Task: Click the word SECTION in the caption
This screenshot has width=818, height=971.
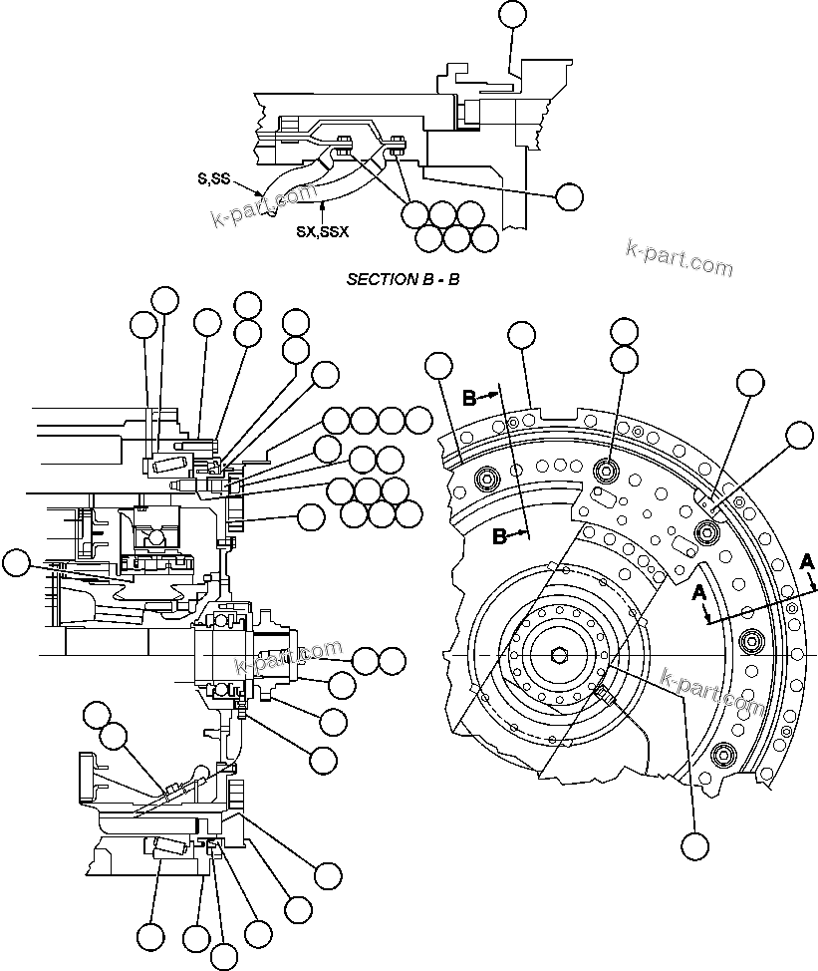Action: [x=375, y=279]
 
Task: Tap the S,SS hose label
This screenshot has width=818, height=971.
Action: [x=212, y=179]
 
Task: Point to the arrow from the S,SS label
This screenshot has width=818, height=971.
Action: [x=250, y=187]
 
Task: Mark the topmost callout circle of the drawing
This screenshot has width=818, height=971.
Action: [x=512, y=12]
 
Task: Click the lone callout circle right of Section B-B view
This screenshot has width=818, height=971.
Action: [x=569, y=196]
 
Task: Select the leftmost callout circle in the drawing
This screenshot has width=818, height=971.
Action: [x=15, y=563]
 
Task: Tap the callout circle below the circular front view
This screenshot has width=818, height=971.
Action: [x=694, y=845]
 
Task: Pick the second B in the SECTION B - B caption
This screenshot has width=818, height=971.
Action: [x=454, y=279]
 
